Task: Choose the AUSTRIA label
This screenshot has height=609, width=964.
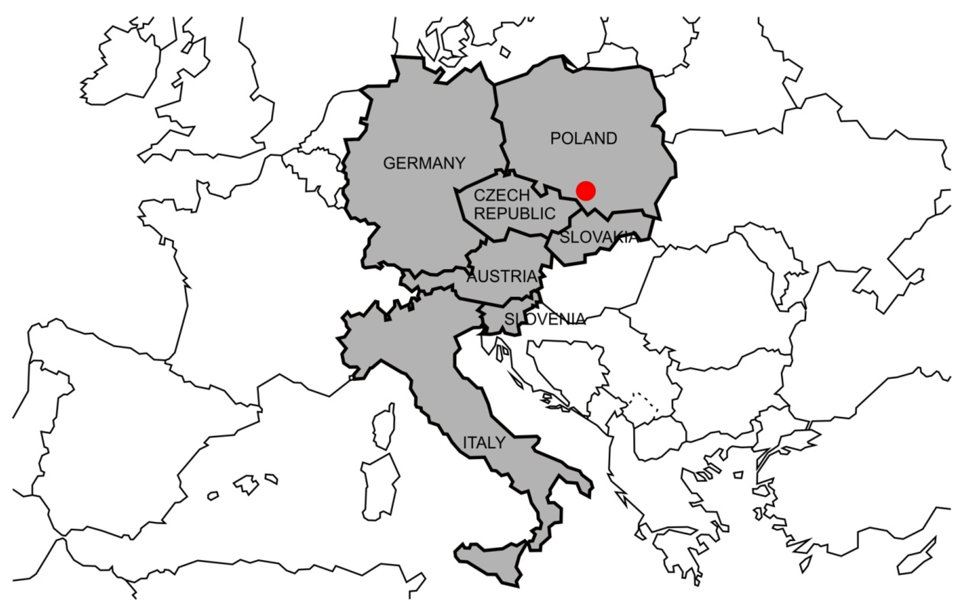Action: (x=502, y=277)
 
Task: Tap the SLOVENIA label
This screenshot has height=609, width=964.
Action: (x=544, y=319)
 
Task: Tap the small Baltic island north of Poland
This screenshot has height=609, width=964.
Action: (x=505, y=52)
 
